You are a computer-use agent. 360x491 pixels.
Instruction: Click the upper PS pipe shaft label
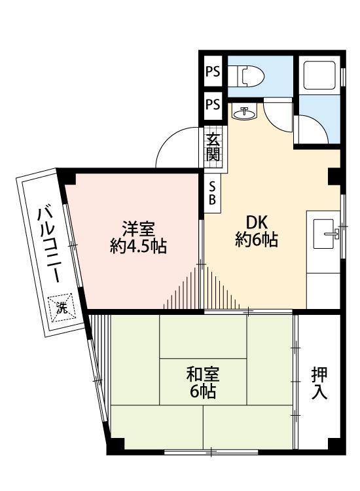[213, 72]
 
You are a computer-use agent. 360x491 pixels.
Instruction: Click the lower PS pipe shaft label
[213, 104]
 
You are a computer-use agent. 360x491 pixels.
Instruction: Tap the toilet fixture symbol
[246, 76]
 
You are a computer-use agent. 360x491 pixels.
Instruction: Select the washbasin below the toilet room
[244, 113]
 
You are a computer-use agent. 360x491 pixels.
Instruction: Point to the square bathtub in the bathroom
[319, 75]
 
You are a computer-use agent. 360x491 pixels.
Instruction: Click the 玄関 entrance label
[213, 147]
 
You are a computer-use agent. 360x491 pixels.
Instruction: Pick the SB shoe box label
[212, 193]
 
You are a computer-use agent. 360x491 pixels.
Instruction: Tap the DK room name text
[257, 223]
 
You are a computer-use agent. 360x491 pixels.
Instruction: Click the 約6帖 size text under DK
[257, 240]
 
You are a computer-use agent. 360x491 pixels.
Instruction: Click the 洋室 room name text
[138, 229]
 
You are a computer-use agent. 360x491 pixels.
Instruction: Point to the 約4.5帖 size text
[138, 246]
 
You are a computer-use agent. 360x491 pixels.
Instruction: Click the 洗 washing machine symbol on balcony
[62, 308]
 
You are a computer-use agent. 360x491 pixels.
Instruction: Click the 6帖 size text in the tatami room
[203, 391]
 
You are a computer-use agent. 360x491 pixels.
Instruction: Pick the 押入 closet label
[319, 383]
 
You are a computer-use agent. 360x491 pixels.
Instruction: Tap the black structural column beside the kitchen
[334, 177]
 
